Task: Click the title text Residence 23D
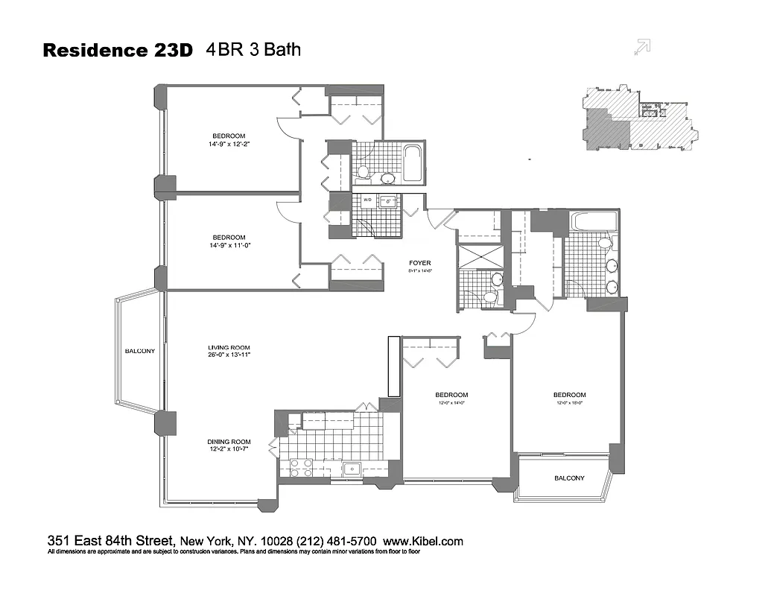click(x=118, y=51)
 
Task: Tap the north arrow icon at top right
click(x=641, y=46)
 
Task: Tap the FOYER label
click(x=419, y=263)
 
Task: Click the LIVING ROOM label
click(x=228, y=347)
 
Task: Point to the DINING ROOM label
click(x=229, y=442)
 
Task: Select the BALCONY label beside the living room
click(x=139, y=352)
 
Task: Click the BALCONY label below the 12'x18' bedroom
click(x=569, y=478)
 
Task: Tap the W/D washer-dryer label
click(x=367, y=200)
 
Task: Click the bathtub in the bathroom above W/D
click(x=411, y=164)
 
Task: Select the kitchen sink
click(x=352, y=469)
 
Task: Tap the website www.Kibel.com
click(x=424, y=542)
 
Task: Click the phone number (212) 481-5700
click(x=339, y=542)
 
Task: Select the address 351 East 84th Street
click(x=111, y=542)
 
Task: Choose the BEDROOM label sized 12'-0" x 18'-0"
click(x=569, y=395)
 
